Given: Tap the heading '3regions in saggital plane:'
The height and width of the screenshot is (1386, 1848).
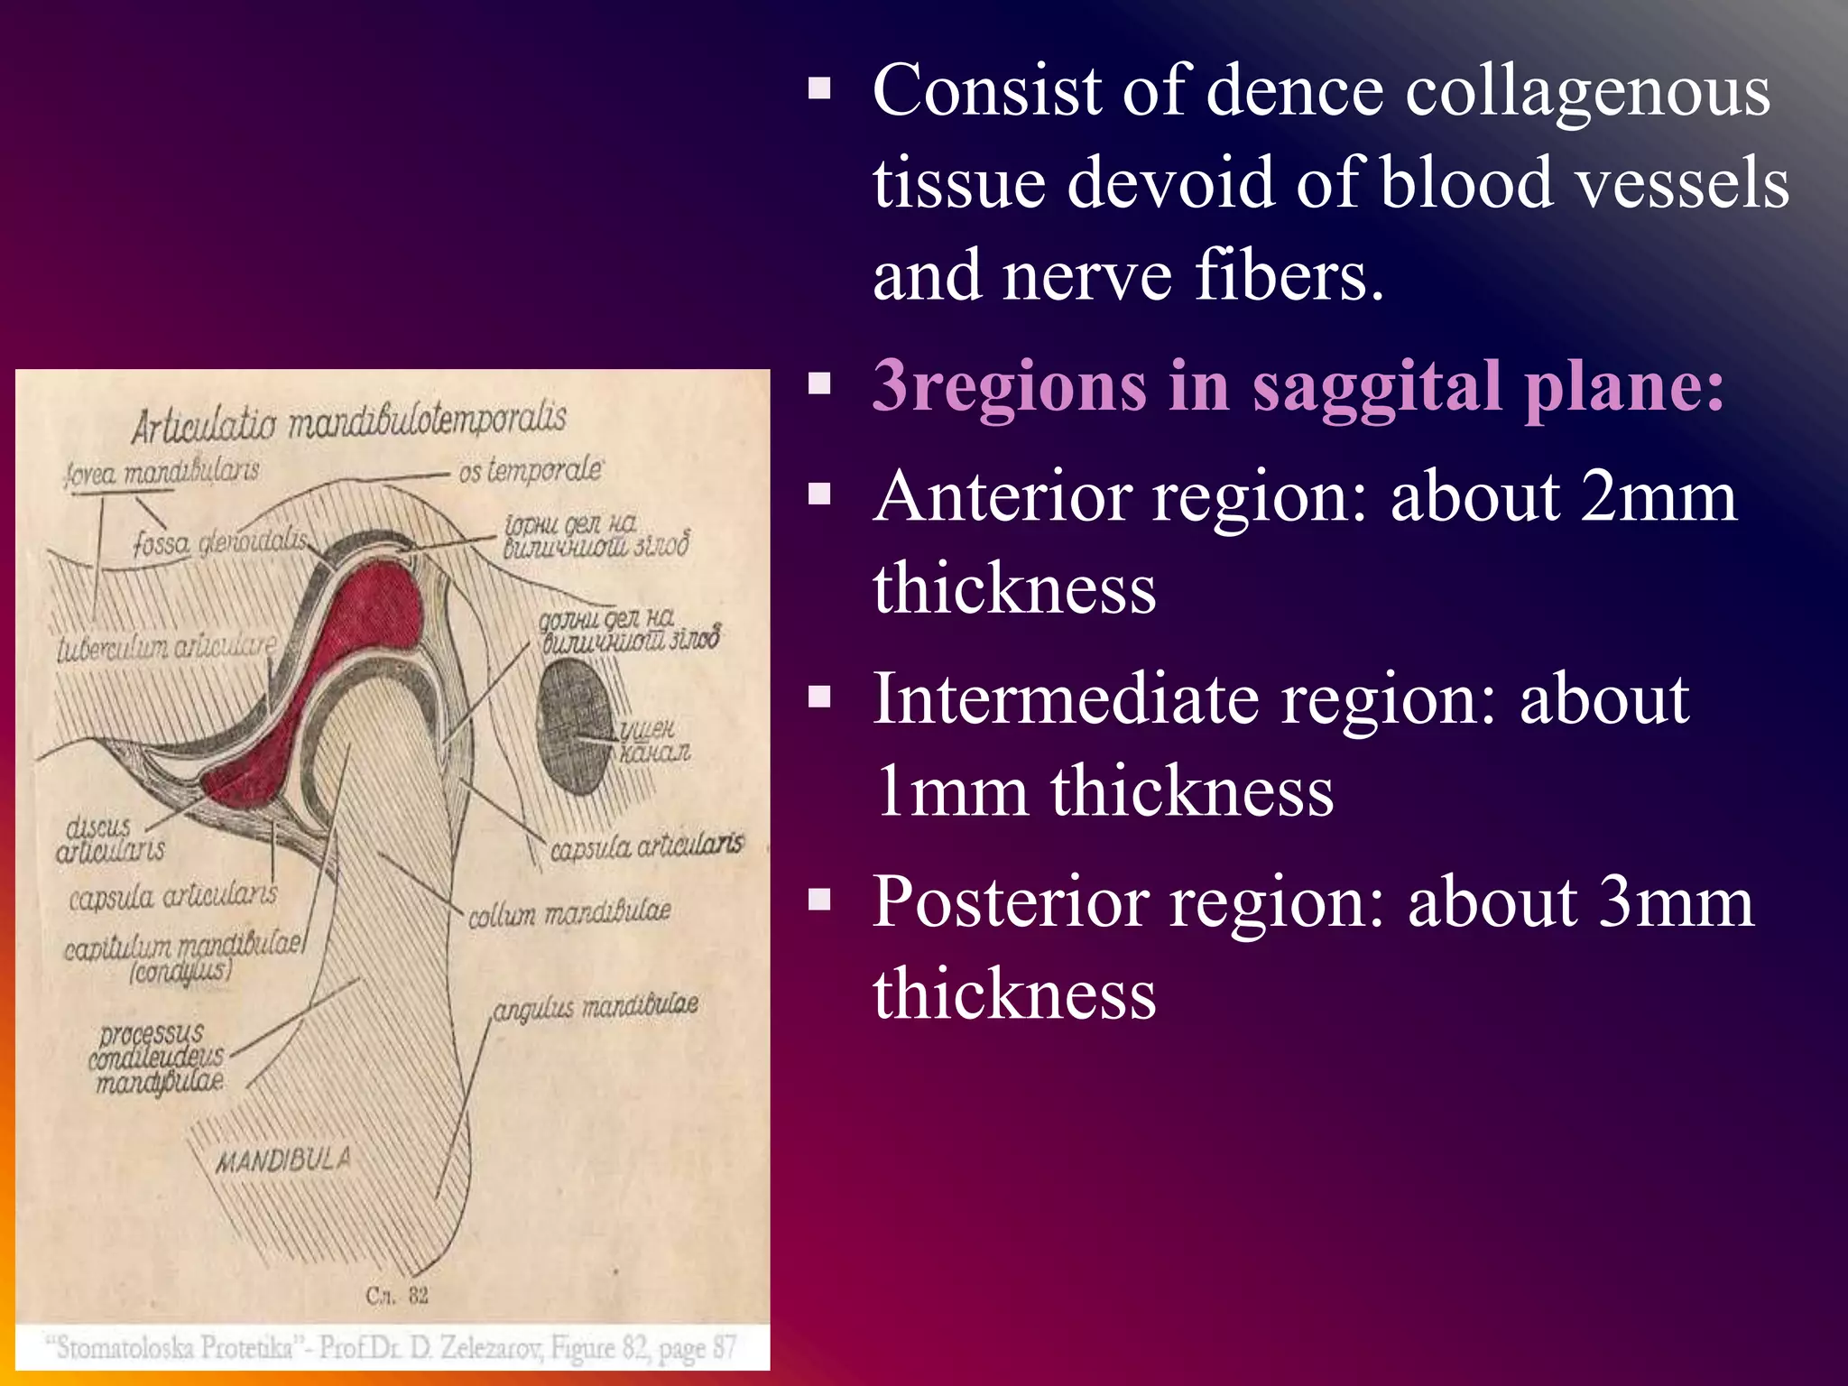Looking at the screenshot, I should pos(1298,386).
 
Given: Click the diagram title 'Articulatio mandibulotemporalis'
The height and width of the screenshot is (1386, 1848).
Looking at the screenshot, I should pos(349,421).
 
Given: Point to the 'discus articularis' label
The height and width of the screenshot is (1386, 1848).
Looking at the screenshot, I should pos(109,839).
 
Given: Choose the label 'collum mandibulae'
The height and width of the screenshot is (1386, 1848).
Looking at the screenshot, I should pos(568,912).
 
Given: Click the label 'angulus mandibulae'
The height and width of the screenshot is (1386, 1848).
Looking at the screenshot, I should pos(596,1007).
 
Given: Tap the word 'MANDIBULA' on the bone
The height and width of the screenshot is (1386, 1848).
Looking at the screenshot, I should pos(282,1160).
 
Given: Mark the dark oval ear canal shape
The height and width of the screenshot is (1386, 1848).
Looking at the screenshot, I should pos(575,725).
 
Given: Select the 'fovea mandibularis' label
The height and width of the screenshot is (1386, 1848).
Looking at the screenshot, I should pos(162,472).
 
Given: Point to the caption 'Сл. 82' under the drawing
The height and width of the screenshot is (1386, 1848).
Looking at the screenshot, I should pos(397,1296).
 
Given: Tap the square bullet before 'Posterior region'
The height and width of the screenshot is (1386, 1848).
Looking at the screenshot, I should pos(819,900).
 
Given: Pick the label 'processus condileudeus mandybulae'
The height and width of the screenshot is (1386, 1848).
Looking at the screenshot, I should pos(155,1058).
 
